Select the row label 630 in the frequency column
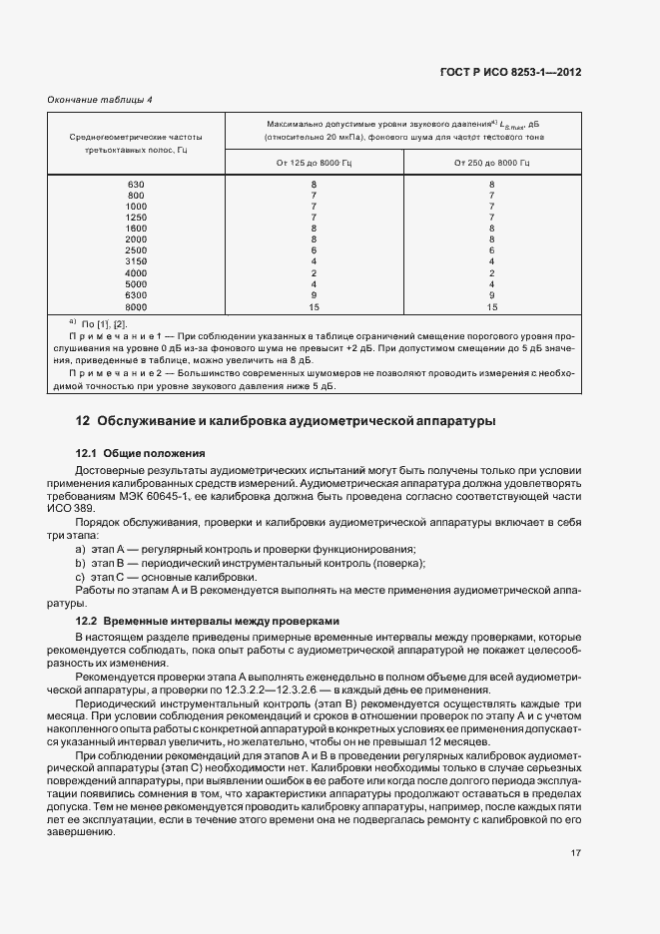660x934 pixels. point(136,185)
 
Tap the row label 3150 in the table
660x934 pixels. point(136,261)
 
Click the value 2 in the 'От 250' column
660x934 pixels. point(491,272)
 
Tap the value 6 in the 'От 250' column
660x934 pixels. point(491,250)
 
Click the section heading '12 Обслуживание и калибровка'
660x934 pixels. point(286,421)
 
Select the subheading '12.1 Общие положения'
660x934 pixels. point(141,452)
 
